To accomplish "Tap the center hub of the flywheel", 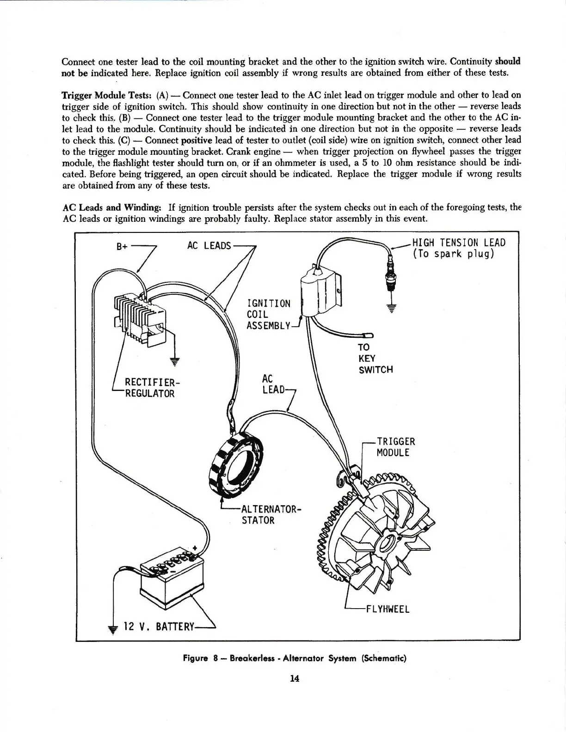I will (x=388, y=541).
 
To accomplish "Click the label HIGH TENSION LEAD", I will (x=458, y=243).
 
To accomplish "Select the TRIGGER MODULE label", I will (x=393, y=447).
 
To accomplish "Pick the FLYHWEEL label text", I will (x=388, y=609).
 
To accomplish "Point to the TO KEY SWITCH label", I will (x=375, y=358).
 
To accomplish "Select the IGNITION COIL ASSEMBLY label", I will (x=269, y=314).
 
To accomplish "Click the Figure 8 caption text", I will (x=294, y=658).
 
